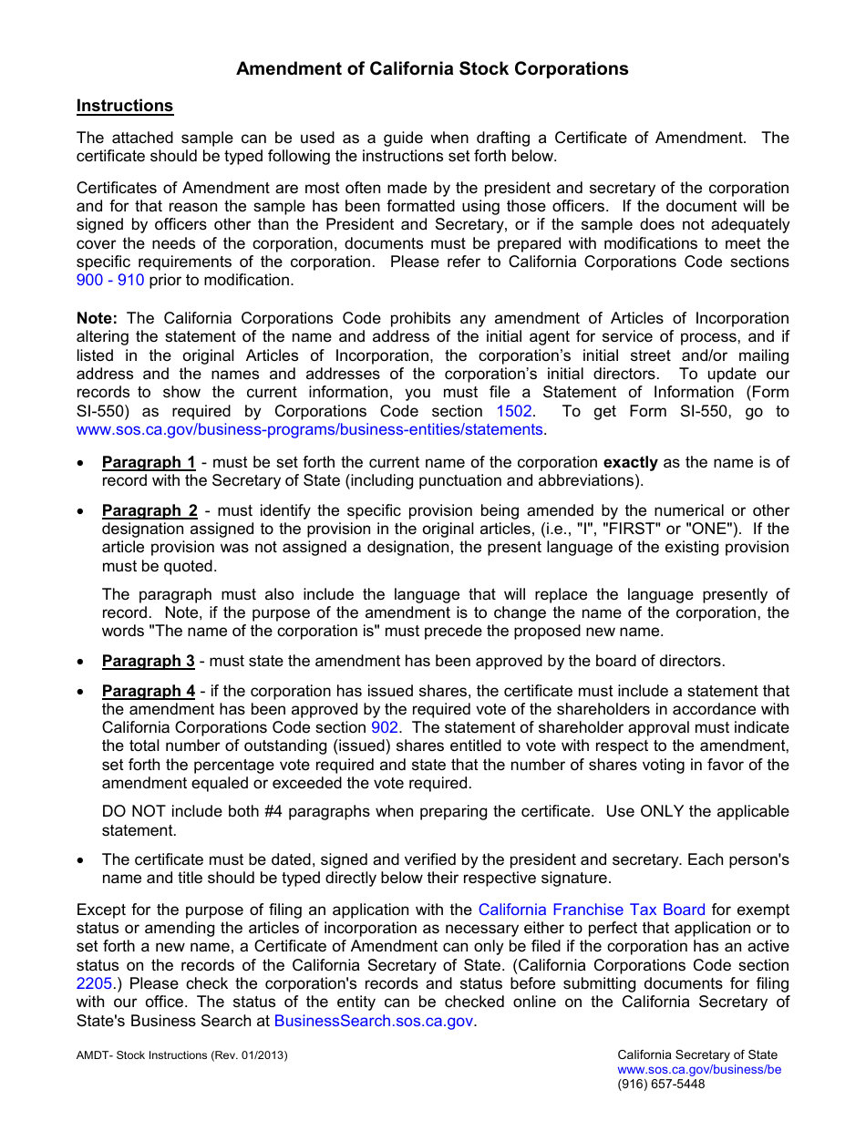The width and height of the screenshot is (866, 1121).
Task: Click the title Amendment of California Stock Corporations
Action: tap(432, 68)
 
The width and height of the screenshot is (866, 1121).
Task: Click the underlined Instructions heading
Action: tap(125, 106)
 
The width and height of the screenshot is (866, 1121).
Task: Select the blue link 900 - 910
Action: tap(110, 280)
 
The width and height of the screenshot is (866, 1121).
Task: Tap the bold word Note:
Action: tap(97, 318)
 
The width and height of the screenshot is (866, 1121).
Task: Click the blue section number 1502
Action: tap(514, 411)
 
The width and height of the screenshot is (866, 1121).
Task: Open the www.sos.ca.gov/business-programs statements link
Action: tap(310, 429)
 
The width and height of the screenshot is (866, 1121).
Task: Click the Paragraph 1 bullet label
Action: tap(149, 462)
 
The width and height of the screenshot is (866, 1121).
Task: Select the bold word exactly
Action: tap(631, 462)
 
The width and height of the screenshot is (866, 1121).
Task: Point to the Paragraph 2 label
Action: tap(149, 510)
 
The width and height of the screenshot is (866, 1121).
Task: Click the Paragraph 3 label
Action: tap(149, 661)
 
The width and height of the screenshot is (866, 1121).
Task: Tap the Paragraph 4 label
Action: tap(149, 691)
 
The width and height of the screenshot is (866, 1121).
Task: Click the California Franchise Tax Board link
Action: tap(592, 910)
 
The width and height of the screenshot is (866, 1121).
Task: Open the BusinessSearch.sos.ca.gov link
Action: tap(374, 1021)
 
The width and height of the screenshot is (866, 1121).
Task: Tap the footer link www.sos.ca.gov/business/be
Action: tap(699, 1070)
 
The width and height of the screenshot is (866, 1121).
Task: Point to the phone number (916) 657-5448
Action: tap(661, 1084)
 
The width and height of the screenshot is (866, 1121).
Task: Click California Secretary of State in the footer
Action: tap(697, 1055)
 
